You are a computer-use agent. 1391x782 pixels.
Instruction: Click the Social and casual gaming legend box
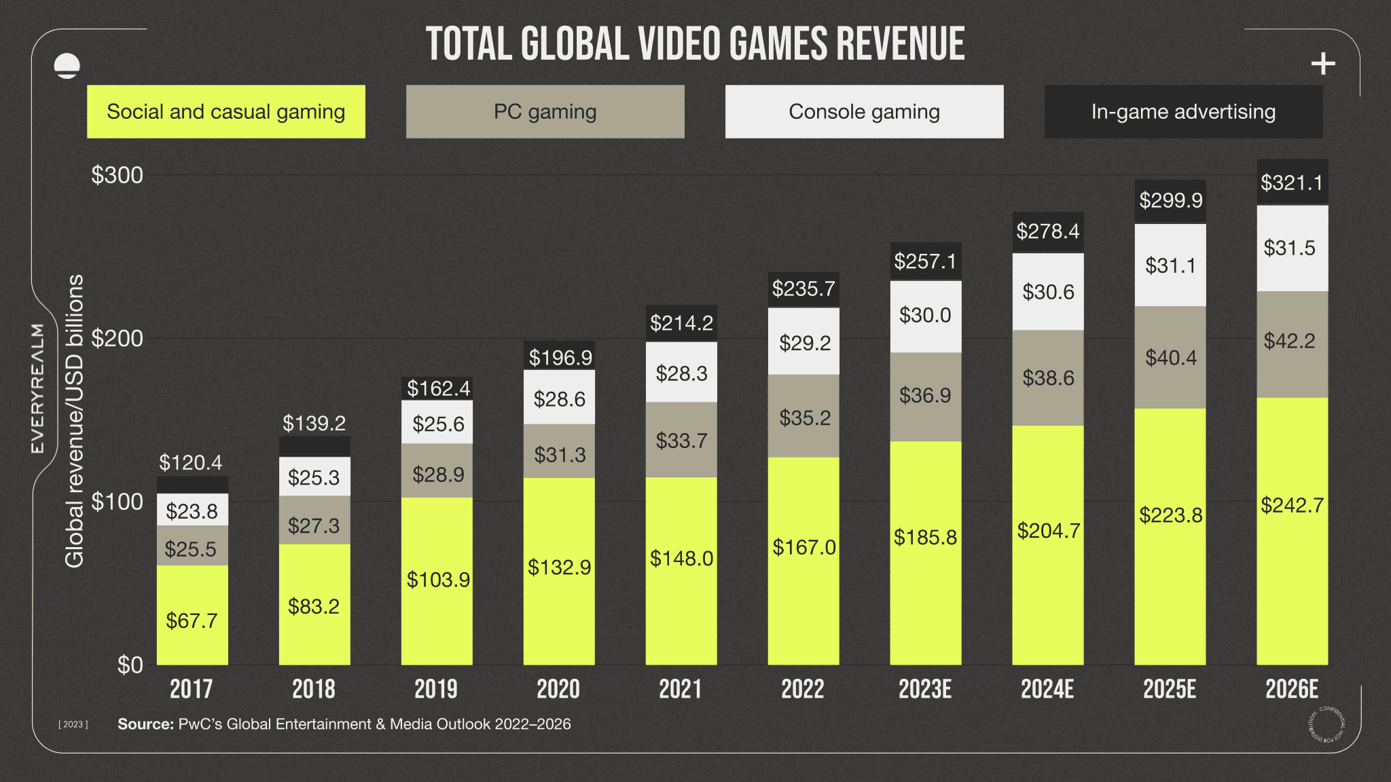pos(225,111)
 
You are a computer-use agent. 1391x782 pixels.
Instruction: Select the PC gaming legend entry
pos(545,111)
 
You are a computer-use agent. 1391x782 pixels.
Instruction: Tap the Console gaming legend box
pos(864,111)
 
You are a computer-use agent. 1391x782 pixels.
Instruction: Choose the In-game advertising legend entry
pos(1183,111)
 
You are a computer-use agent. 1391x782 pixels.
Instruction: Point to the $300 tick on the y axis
pos(118,175)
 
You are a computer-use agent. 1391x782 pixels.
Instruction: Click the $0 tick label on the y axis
pos(130,665)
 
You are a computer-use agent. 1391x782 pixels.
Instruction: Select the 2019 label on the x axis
pos(436,689)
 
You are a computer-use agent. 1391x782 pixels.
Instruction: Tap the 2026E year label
pos(1292,689)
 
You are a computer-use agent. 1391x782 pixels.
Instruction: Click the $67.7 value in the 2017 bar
pos(192,620)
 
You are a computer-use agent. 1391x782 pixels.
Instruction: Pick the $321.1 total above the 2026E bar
pos(1292,183)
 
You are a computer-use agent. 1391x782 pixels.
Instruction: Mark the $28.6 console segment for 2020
pos(559,398)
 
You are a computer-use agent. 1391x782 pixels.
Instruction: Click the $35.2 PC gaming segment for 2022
pos(804,417)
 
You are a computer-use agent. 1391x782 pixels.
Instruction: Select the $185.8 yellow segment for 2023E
pos(925,538)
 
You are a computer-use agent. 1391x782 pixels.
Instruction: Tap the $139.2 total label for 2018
pos(314,424)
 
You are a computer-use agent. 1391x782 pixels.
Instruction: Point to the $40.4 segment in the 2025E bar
pos(1170,358)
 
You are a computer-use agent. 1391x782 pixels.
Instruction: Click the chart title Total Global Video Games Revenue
pos(695,44)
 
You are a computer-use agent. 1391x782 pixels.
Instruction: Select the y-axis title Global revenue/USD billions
pos(74,421)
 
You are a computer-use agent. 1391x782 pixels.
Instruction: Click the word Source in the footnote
pos(145,724)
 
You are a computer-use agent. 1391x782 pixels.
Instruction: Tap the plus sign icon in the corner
pos(1322,64)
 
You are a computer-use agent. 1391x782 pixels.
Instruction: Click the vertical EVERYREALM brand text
pos(38,388)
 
